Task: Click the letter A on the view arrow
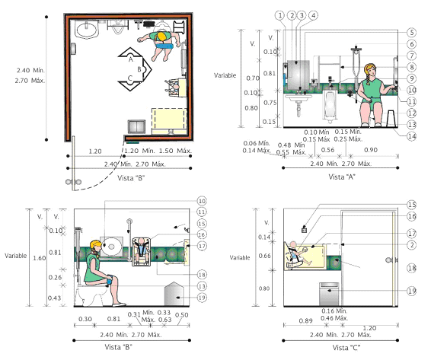click(x=131, y=59)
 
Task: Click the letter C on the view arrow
click(x=130, y=78)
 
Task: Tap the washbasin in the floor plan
click(x=87, y=30)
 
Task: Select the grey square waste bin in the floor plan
click(x=136, y=126)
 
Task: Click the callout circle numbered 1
click(x=279, y=15)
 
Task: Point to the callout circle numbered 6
click(x=411, y=44)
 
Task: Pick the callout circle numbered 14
click(x=411, y=136)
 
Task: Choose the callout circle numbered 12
click(x=411, y=113)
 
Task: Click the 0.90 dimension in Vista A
click(x=371, y=150)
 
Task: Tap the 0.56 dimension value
click(x=327, y=150)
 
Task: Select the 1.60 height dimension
click(x=40, y=258)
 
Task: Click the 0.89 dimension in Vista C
click(x=305, y=320)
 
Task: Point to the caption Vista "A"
click(x=342, y=177)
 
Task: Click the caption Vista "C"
click(x=346, y=348)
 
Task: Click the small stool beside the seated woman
click(x=391, y=119)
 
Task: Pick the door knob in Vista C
click(x=389, y=260)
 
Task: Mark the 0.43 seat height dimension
click(x=54, y=298)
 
